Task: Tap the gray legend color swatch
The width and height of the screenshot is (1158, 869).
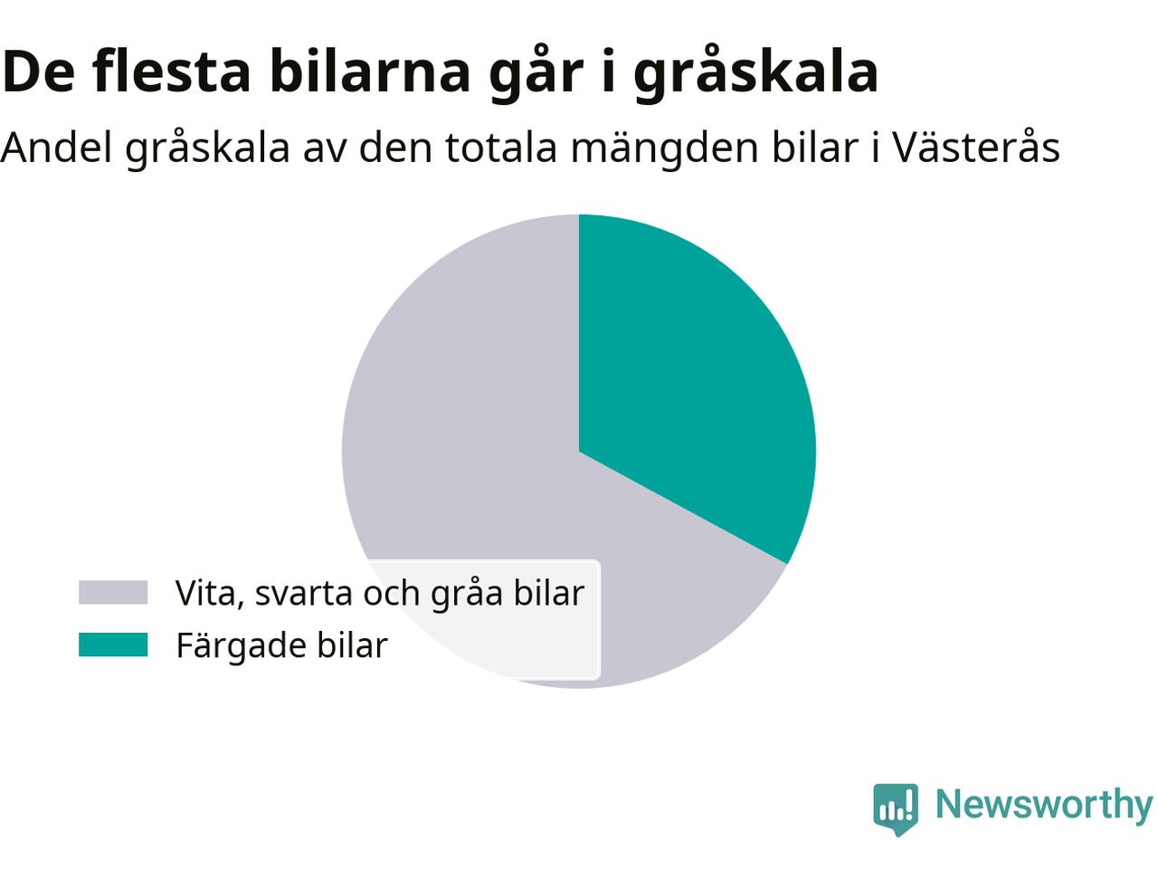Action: pos(113,592)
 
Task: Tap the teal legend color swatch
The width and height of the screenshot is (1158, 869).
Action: pos(113,645)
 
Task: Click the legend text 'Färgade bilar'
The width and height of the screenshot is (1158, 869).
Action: pos(281,645)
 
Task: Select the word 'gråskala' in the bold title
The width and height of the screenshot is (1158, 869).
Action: pos(755,72)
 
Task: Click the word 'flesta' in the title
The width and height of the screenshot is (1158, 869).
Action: pos(172,71)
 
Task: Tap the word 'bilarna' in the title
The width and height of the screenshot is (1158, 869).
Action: pos(369,71)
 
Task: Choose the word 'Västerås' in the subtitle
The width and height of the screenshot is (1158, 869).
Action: pos(976,147)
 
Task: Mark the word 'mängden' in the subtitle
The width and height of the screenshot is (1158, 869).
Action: pos(665,150)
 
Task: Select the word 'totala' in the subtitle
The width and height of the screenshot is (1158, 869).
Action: pos(501,148)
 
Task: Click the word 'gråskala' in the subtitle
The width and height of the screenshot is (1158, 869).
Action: pos(207,148)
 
